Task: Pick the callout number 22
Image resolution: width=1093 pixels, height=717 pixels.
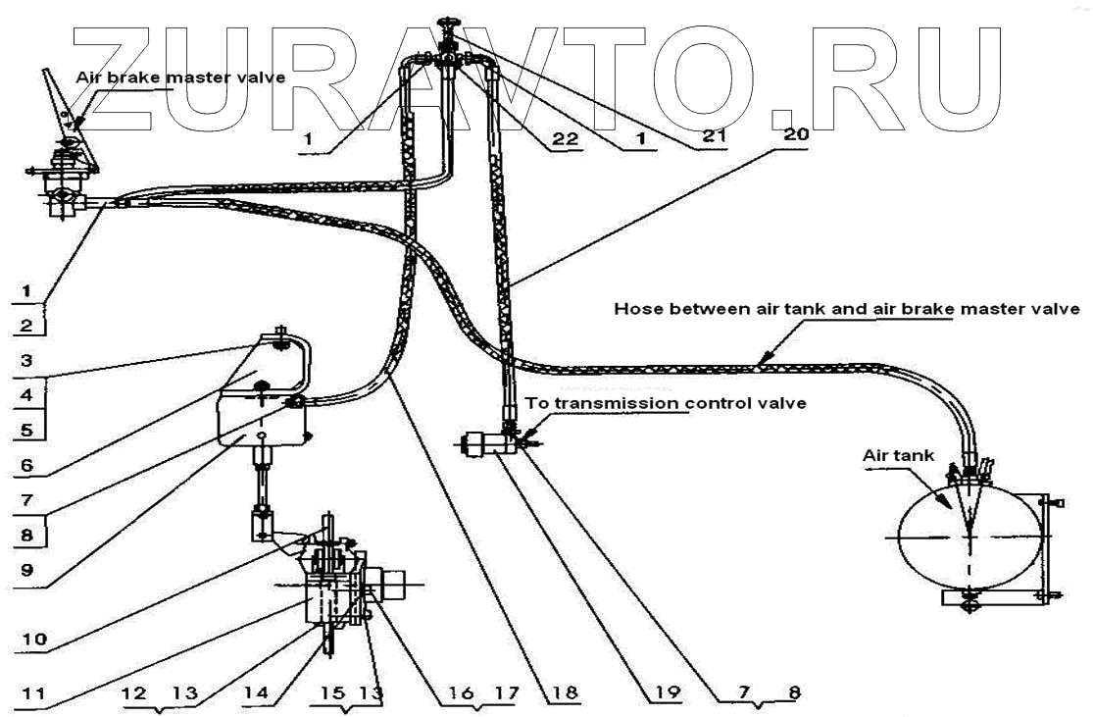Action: (562, 138)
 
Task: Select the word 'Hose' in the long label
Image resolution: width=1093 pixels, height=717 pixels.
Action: (634, 308)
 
